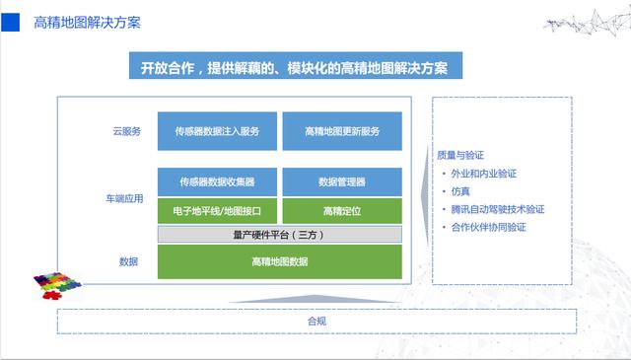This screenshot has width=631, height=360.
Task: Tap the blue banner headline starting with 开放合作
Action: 294,68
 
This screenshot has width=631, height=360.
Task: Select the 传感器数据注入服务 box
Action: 217,131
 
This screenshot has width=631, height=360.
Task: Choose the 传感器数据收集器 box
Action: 217,182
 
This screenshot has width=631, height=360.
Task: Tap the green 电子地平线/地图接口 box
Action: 217,211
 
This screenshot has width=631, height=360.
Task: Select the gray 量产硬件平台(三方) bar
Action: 280,235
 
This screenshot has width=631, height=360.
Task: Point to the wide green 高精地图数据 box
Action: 280,261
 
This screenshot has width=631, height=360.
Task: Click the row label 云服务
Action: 127,131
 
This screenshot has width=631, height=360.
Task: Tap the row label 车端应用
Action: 124,198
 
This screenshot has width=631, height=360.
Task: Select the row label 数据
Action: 128,261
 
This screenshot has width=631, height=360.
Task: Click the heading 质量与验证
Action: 460,155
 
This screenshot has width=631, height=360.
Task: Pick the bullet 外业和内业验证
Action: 485,174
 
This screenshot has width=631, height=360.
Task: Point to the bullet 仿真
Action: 461,191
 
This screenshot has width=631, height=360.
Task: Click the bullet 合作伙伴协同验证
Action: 488,227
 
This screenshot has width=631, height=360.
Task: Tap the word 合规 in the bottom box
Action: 315,322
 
